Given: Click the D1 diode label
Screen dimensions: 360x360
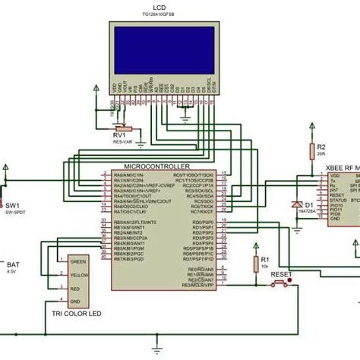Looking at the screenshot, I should click(x=309, y=204).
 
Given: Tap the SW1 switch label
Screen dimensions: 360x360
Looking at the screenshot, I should click(x=12, y=205).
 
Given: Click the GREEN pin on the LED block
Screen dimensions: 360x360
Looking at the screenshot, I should click(x=77, y=261).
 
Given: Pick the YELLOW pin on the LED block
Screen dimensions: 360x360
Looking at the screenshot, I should click(x=77, y=275).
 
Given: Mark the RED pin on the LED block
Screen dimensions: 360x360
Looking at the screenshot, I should click(x=75, y=289).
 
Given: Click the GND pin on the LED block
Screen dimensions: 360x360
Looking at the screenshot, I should click(x=75, y=302).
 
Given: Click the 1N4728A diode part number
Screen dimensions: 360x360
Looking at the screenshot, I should click(x=310, y=213).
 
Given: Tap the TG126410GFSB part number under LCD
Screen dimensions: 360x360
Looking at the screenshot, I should click(x=159, y=14).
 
